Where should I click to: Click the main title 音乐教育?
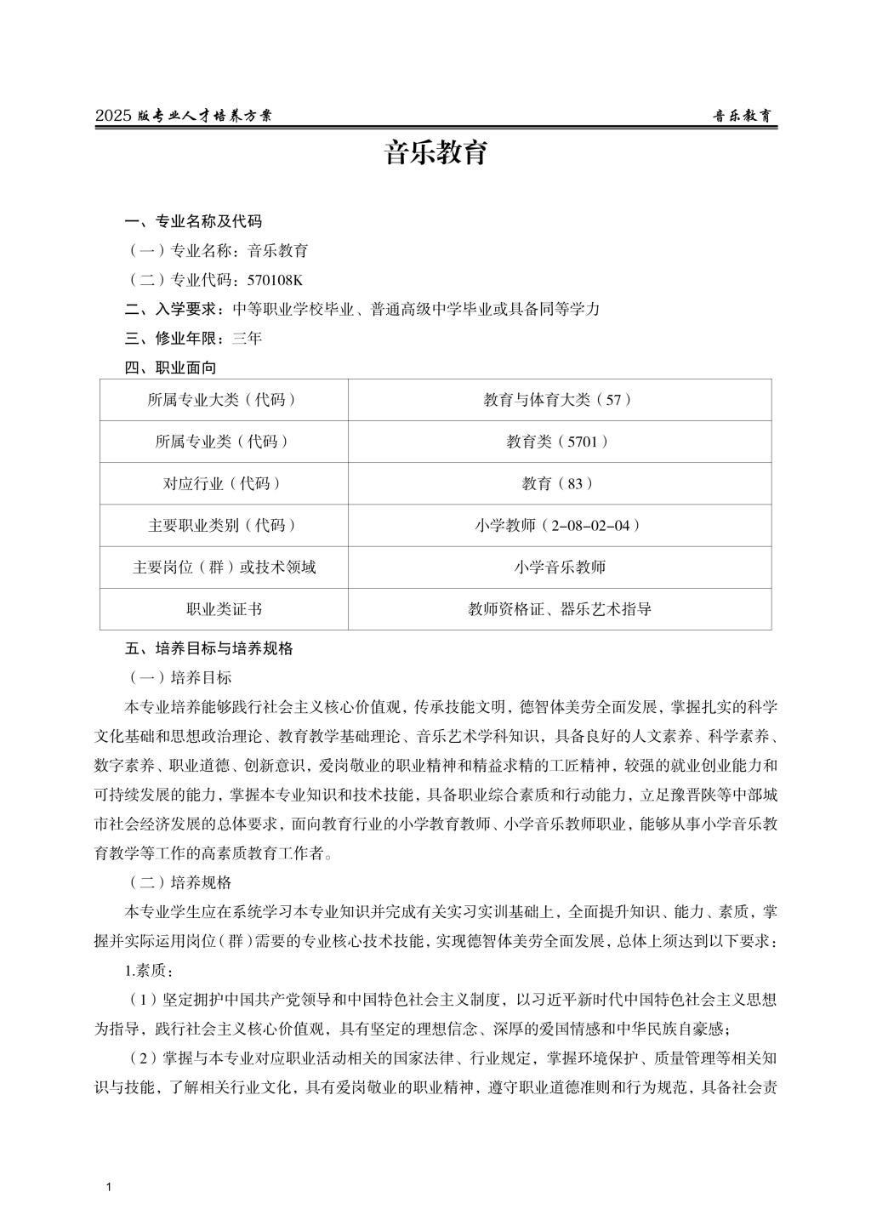click(435, 154)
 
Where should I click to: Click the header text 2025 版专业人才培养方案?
click(184, 117)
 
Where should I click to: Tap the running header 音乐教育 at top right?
click(742, 117)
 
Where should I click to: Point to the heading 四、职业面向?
click(170, 368)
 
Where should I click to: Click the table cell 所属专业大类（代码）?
click(223, 400)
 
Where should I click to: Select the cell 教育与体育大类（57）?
click(559, 400)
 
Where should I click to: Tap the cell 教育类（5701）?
click(559, 442)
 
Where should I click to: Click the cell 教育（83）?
click(559, 483)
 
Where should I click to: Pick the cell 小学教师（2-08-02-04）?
click(559, 525)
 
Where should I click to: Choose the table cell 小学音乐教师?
click(559, 567)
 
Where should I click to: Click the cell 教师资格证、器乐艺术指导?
click(559, 609)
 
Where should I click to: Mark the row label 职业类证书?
click(223, 609)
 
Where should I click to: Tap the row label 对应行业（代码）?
click(223, 483)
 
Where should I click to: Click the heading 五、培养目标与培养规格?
click(208, 648)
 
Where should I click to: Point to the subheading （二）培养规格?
click(179, 883)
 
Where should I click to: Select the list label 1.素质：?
click(151, 971)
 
